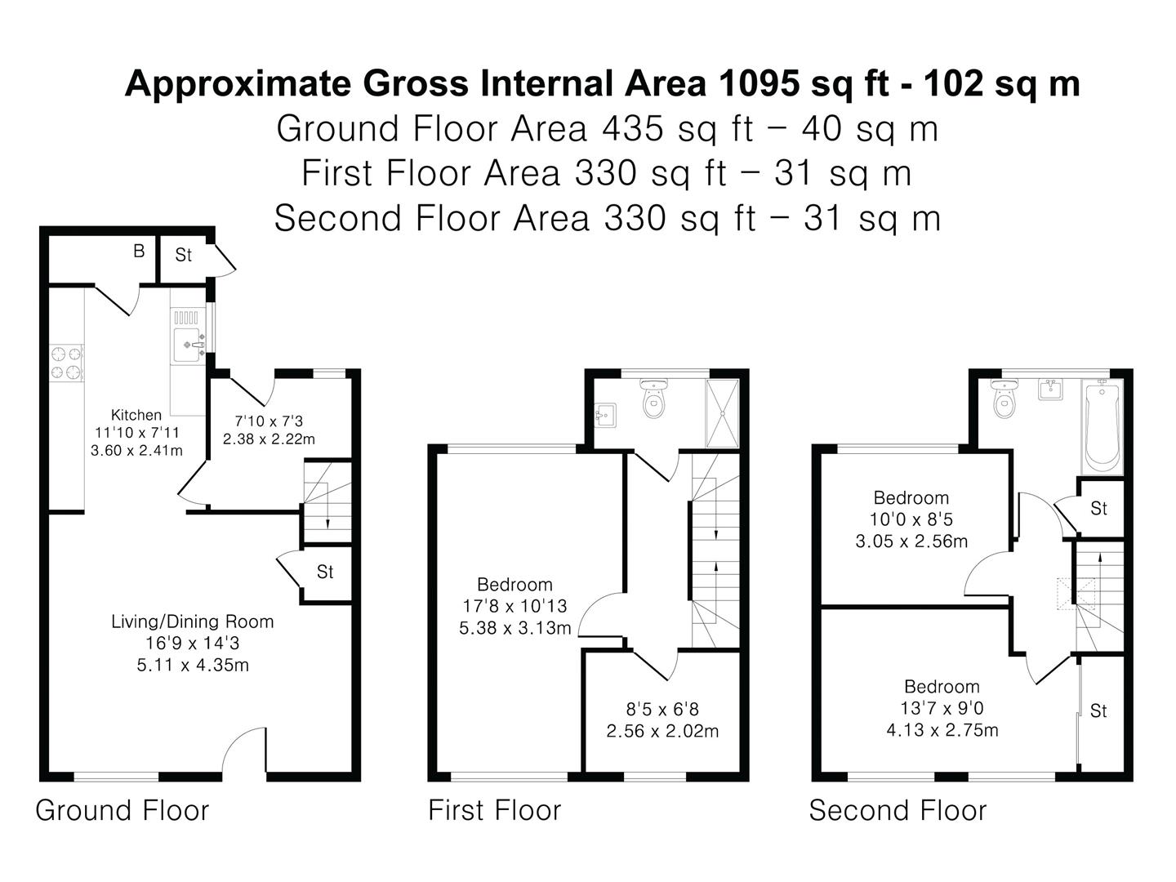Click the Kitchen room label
point(136,415)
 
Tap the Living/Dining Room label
point(192,621)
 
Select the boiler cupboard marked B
point(139,252)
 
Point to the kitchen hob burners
point(67,363)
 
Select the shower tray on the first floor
point(722,413)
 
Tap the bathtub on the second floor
point(1102,426)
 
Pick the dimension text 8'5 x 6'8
point(662,710)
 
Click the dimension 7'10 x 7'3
point(269,421)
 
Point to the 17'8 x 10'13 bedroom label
point(514,606)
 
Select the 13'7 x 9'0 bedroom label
point(942,708)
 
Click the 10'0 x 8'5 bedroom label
point(911,519)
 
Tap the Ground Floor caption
point(122,810)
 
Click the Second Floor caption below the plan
point(898,810)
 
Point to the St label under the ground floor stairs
point(325,572)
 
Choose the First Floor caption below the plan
point(494,810)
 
